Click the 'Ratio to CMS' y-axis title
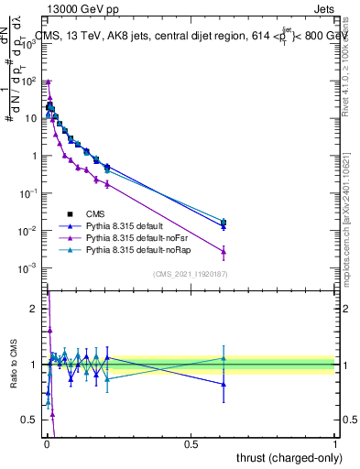point(13,363)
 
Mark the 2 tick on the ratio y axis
point(35,309)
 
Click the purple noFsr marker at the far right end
point(224,251)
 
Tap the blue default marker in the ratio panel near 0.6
point(224,385)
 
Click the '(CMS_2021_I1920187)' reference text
point(191,274)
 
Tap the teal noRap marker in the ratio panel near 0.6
point(224,358)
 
